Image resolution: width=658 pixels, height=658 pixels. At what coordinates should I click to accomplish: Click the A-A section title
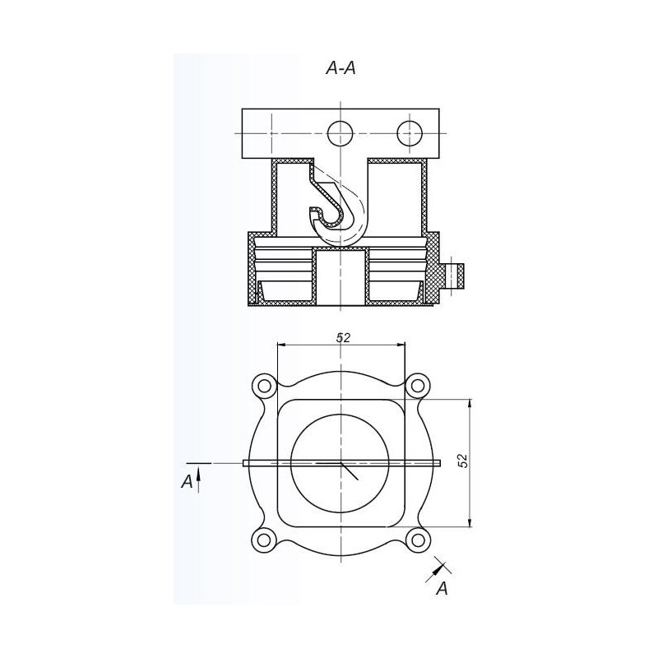[x=341, y=68]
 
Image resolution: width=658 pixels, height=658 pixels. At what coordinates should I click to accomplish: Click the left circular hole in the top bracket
[x=341, y=133]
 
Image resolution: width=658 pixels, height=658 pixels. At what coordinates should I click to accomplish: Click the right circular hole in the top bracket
[x=409, y=133]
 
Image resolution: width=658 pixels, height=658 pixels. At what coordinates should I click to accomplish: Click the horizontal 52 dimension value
[x=343, y=337]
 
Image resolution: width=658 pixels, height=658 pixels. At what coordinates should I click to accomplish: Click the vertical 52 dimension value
[x=462, y=461]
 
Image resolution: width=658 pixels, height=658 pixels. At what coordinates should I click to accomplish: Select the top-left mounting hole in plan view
[x=264, y=385]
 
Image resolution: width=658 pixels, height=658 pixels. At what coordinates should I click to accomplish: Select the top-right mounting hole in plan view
[x=418, y=385]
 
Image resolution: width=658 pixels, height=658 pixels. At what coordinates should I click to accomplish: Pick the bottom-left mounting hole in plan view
[x=264, y=540]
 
